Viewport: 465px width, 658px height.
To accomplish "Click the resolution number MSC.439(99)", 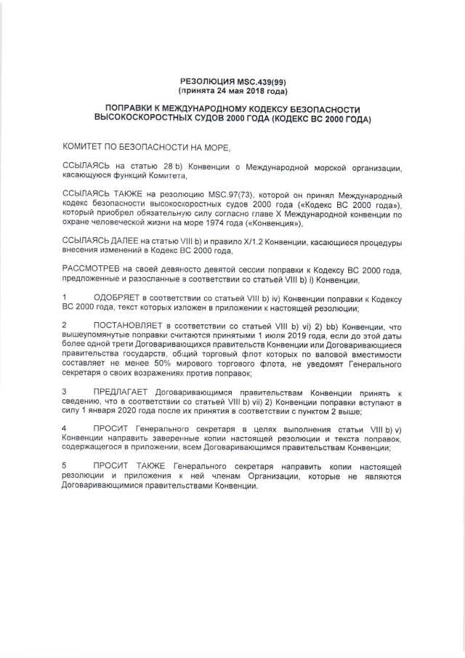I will [258, 82].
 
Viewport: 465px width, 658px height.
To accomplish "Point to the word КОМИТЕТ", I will [86, 147].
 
